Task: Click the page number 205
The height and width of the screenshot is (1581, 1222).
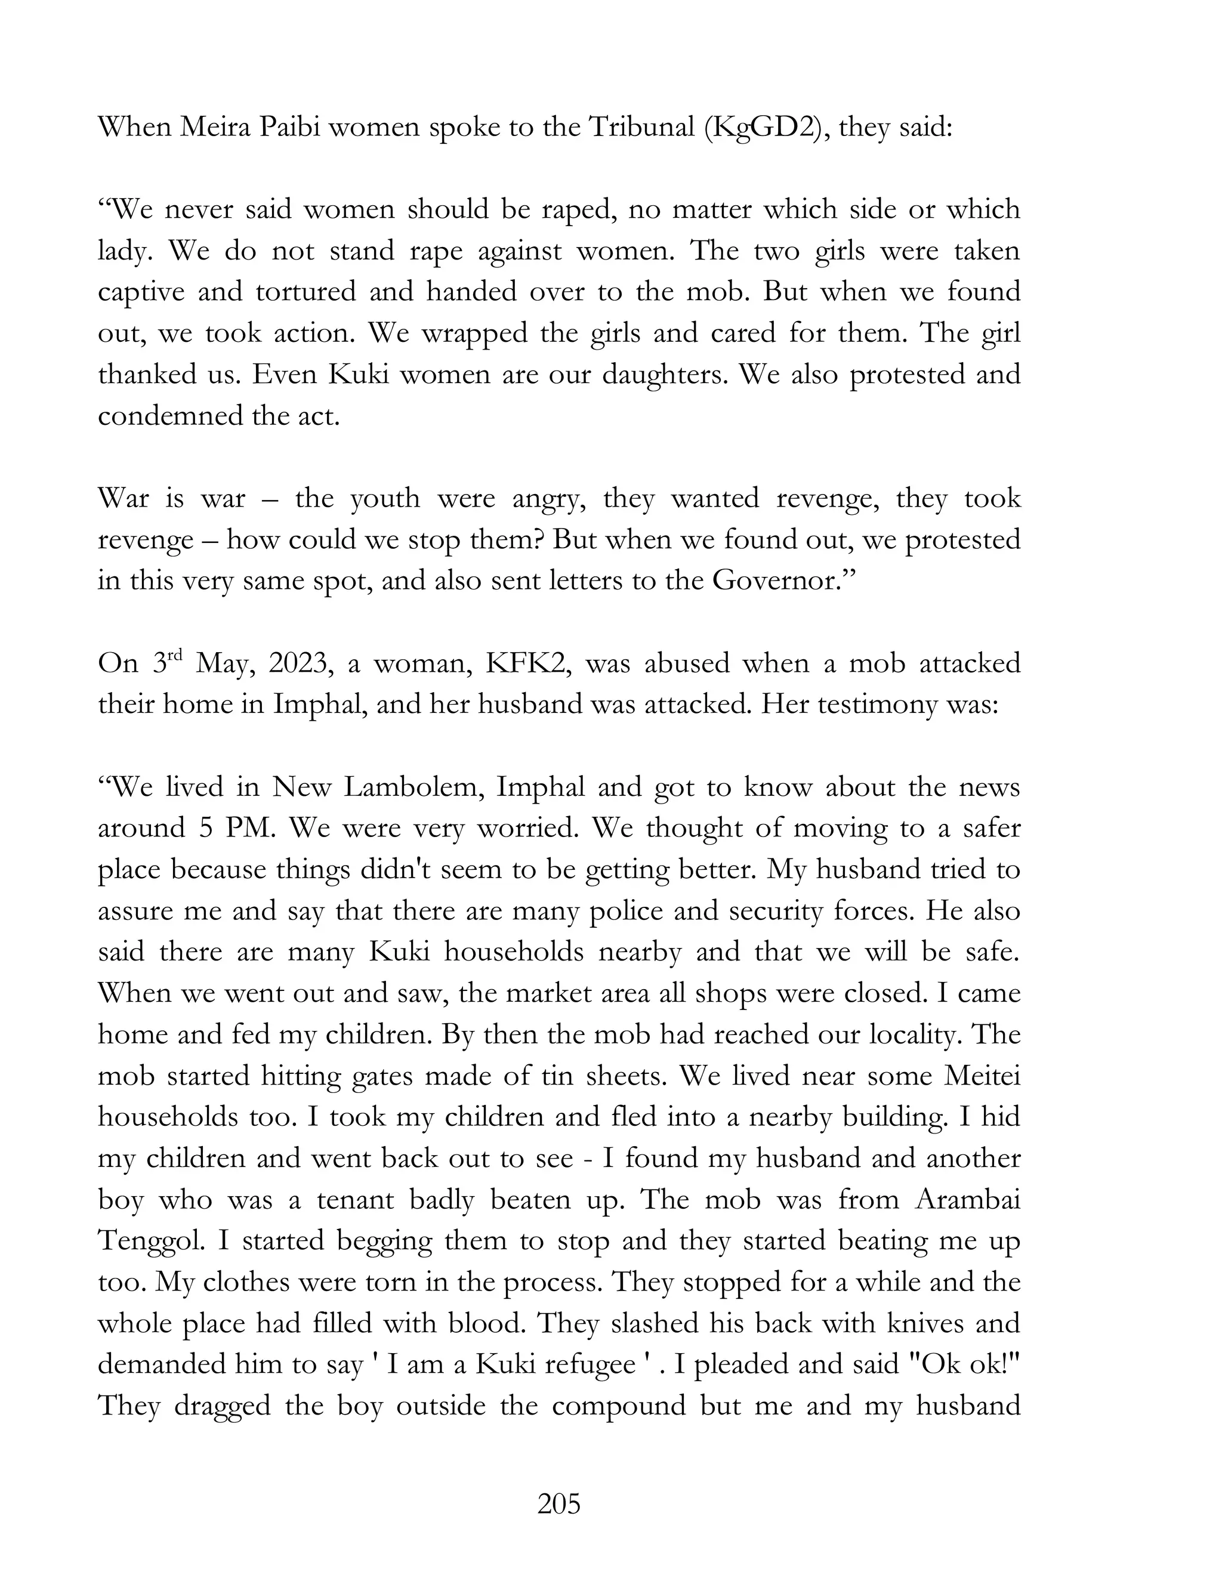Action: tap(559, 1503)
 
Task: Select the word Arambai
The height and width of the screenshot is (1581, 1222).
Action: tap(967, 1200)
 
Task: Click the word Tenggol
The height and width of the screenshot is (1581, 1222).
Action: tap(152, 1242)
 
